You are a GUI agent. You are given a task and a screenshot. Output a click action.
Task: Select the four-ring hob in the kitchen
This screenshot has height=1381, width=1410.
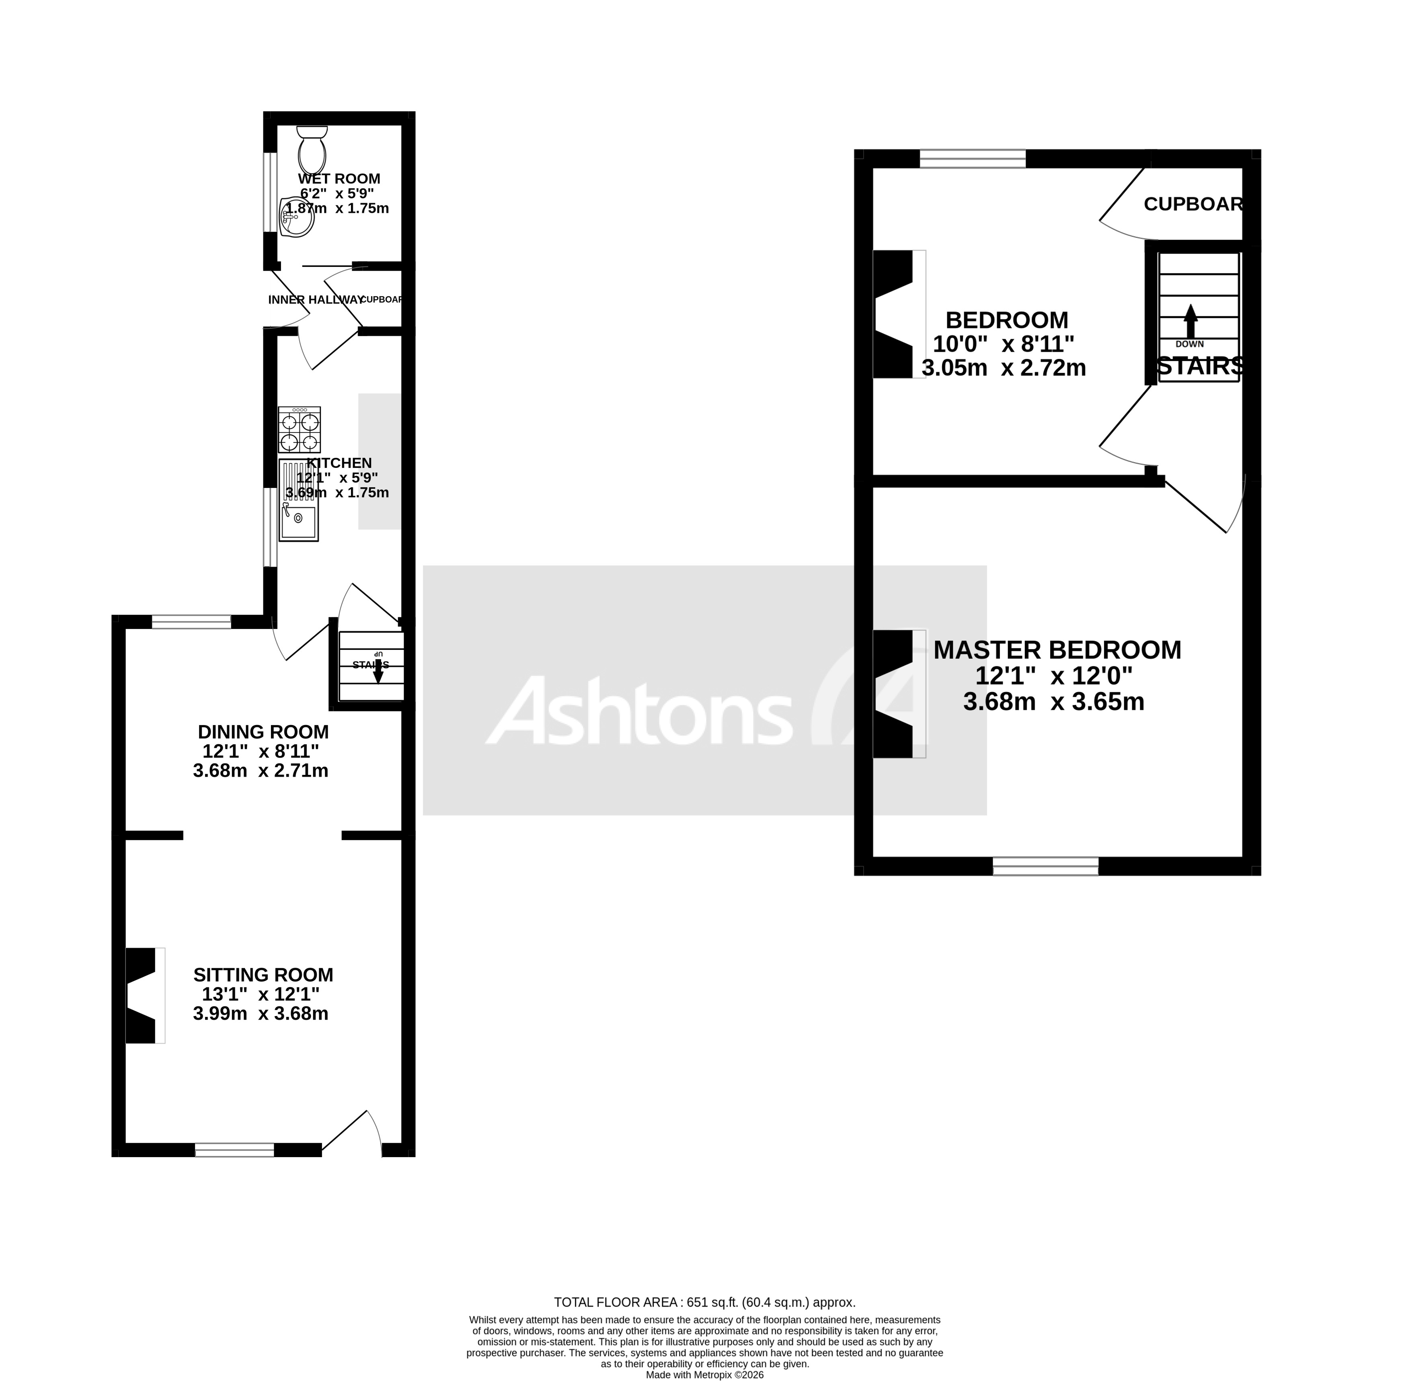pyautogui.click(x=299, y=430)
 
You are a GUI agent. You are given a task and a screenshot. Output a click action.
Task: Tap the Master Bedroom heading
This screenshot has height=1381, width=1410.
pyautogui.click(x=1057, y=650)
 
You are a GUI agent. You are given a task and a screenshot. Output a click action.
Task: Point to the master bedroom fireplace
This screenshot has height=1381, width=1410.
pyautogui.click(x=894, y=694)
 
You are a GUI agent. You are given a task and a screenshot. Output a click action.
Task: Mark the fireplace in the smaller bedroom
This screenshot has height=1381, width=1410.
pyautogui.click(x=894, y=314)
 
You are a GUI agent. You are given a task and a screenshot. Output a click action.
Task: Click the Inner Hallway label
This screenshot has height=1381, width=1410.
pyautogui.click(x=314, y=299)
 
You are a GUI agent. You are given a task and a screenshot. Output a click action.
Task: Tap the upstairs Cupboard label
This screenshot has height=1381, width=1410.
pyautogui.click(x=1193, y=205)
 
